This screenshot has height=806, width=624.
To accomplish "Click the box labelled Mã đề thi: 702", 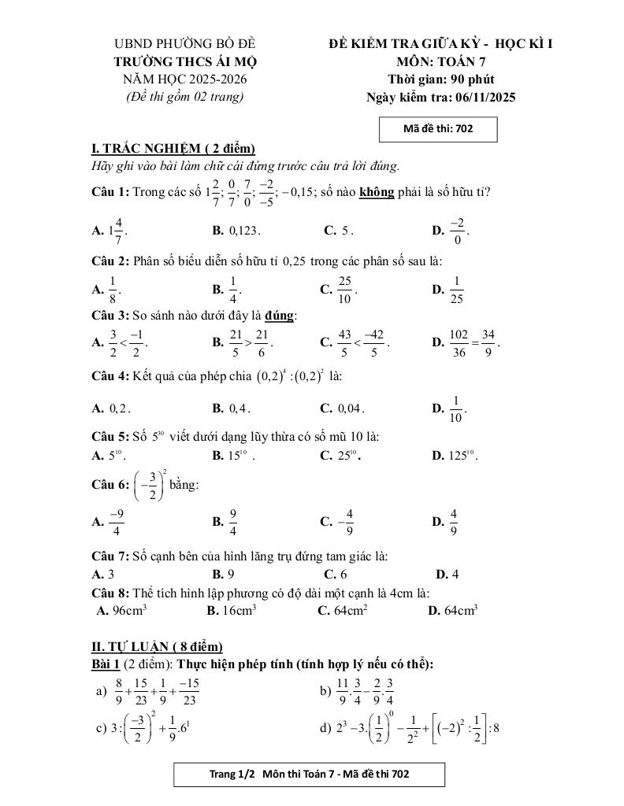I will pyautogui.click(x=438, y=129).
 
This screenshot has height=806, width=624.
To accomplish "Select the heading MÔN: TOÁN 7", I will pyautogui.click(x=441, y=61).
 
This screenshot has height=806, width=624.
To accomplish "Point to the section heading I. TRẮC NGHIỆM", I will pyautogui.click(x=173, y=149).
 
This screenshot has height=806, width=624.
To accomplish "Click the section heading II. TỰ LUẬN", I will pyautogui.click(x=158, y=647).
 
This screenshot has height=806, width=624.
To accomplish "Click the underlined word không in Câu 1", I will pyautogui.click(x=377, y=191).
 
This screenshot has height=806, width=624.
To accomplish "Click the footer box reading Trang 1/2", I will pyautogui.click(x=310, y=775).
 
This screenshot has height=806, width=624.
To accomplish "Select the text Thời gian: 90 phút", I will pyautogui.click(x=441, y=79).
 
